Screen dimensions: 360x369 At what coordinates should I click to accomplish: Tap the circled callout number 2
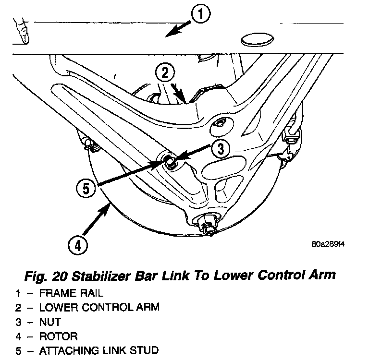click(164, 73)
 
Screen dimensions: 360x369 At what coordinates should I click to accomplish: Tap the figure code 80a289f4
click(328, 243)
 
